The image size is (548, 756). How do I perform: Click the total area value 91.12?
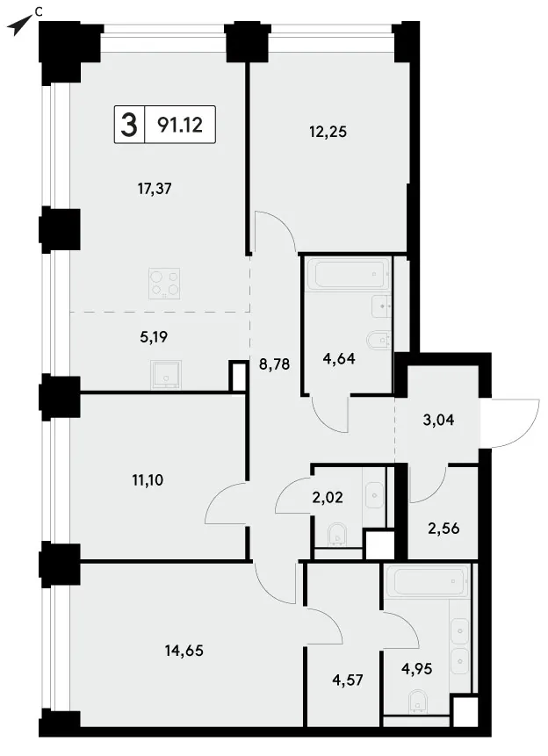180,126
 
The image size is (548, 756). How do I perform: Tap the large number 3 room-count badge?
129,125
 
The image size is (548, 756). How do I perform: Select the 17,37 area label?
155,189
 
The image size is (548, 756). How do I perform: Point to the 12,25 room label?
328,132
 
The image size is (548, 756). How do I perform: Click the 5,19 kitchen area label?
154,337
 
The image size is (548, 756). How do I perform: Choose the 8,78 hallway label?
275,364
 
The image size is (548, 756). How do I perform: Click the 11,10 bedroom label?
148,479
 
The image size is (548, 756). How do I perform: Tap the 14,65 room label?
184,651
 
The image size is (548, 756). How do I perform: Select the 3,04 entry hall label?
438,420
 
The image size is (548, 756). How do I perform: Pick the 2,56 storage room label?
443,529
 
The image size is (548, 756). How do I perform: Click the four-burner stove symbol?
164,283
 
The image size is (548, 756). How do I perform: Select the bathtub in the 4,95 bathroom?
428,581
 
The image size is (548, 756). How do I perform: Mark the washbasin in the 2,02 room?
374,495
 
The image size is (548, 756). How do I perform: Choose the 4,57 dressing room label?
348,680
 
